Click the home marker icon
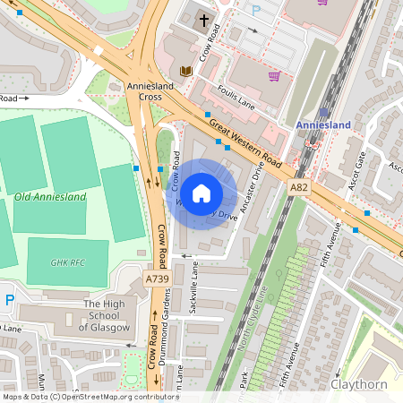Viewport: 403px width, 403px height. tap(201, 193)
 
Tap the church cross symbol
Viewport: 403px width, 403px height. tap(203, 19)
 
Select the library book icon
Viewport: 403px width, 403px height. tap(186, 72)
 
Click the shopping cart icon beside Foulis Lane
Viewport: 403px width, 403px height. tap(274, 76)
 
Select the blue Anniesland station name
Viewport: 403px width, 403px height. tap(323, 124)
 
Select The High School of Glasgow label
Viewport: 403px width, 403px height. tap(107, 315)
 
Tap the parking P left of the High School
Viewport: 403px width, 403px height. tap(10, 299)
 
